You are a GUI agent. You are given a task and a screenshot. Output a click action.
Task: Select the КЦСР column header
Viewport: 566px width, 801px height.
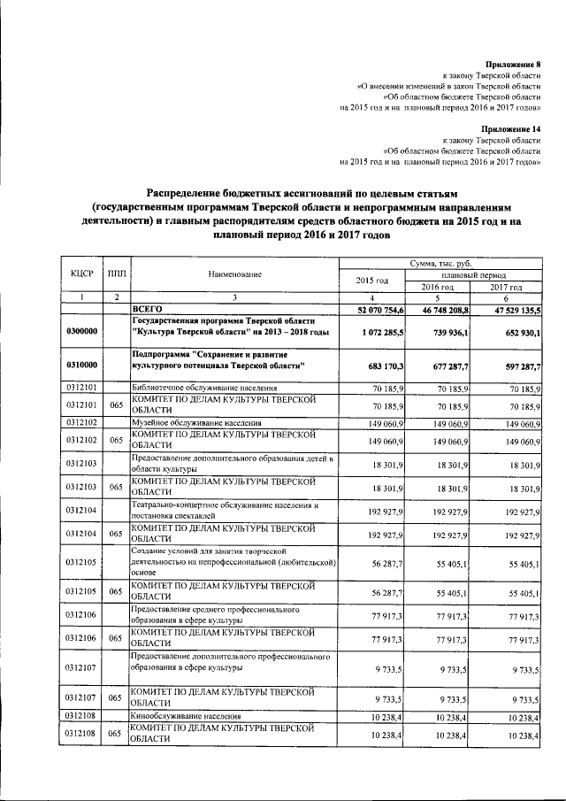[x=81, y=274]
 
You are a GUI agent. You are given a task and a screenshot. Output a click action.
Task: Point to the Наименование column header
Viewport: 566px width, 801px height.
[x=235, y=274]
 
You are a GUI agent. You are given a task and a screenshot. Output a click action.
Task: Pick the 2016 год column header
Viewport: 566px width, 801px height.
[x=437, y=287]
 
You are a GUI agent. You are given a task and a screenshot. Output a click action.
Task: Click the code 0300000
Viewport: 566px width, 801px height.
[x=81, y=330]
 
